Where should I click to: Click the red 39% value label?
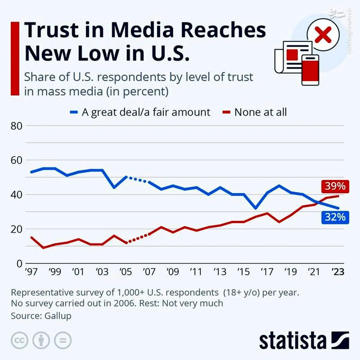coord(335,186)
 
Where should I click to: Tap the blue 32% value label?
coord(335,217)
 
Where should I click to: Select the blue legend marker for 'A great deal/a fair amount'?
coord(74,112)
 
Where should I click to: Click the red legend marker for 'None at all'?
coord(226,112)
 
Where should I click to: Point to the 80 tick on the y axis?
coord(16,126)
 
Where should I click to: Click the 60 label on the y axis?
coord(16,160)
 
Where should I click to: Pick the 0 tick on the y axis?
coord(19,264)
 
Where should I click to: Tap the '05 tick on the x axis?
coord(126,272)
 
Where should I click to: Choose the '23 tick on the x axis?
coord(338,272)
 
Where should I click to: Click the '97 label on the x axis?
coord(31,272)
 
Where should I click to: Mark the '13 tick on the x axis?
coord(220,272)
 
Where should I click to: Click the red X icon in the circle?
coord(323,35)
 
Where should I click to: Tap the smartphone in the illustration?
coord(310,70)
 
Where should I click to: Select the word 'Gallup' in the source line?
coord(58,316)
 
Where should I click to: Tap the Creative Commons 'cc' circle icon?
coord(19,340)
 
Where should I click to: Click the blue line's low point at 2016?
coord(256,208)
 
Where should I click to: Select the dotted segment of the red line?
coord(138,238)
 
